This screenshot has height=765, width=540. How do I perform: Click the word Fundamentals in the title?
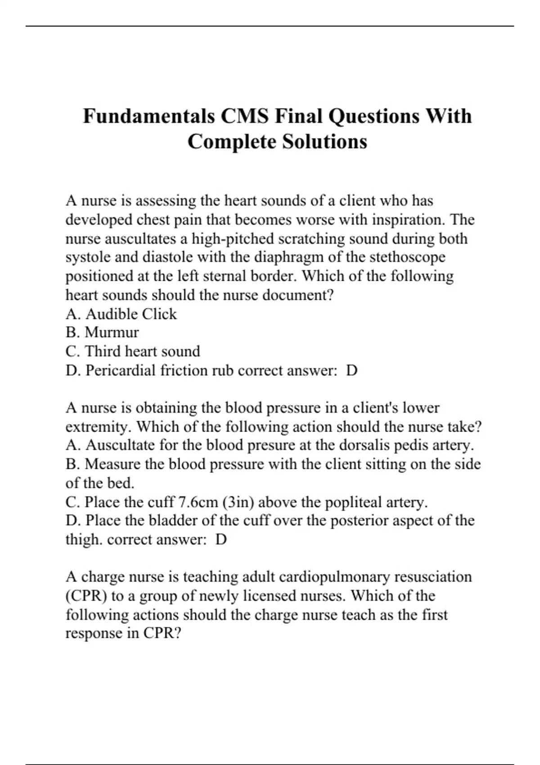click(x=148, y=116)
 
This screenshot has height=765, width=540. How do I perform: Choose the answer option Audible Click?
click(x=131, y=314)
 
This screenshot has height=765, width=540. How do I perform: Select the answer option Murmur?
click(x=112, y=332)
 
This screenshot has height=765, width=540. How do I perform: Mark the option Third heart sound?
click(x=142, y=351)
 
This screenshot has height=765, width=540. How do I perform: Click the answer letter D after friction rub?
click(x=352, y=370)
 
